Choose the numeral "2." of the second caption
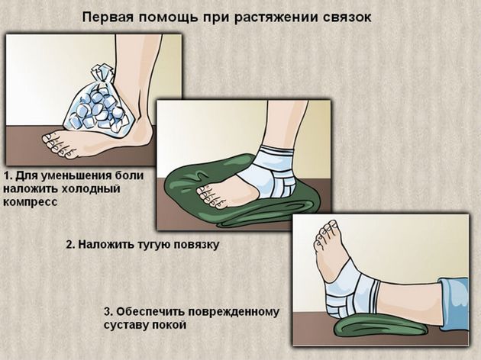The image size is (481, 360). click(x=71, y=246)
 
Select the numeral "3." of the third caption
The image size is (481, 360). click(x=108, y=312)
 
